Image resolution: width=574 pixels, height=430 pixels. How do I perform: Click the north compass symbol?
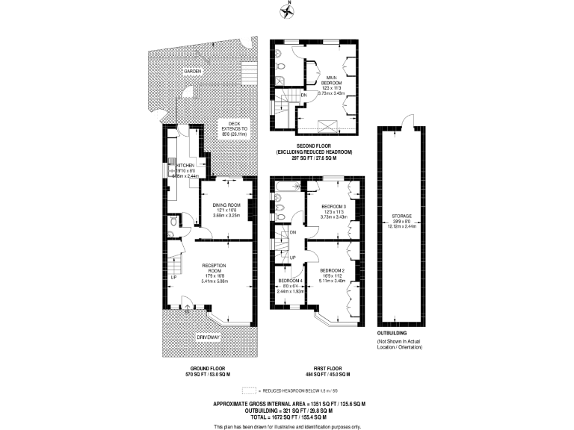[x=287, y=10]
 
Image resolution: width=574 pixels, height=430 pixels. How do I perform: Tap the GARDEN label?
[x=193, y=71]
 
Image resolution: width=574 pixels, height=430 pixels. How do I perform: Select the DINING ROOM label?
[x=226, y=205]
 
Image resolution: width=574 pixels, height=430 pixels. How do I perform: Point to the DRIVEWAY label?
[x=209, y=338]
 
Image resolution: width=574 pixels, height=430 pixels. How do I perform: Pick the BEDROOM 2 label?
[x=331, y=269]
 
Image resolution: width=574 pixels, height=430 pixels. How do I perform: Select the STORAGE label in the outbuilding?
[x=402, y=216]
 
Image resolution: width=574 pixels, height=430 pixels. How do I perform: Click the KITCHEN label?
[x=185, y=165]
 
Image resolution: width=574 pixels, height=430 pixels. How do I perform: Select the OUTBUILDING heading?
[x=392, y=331]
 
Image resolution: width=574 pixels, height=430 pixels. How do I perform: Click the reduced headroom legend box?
[x=248, y=390]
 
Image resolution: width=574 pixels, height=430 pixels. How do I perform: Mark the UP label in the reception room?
[x=174, y=277]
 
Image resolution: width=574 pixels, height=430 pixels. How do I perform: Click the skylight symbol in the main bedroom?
[x=325, y=124]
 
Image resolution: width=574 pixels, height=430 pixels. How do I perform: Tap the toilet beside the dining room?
[x=173, y=221]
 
